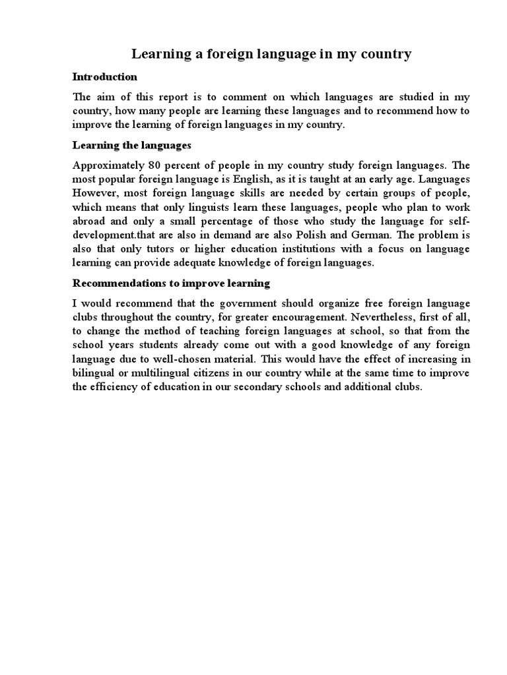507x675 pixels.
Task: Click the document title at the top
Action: [x=272, y=54]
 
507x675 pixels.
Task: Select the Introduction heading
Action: [x=105, y=77]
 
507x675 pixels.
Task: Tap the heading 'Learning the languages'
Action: [x=131, y=144]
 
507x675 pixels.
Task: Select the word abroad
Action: [x=89, y=221]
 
